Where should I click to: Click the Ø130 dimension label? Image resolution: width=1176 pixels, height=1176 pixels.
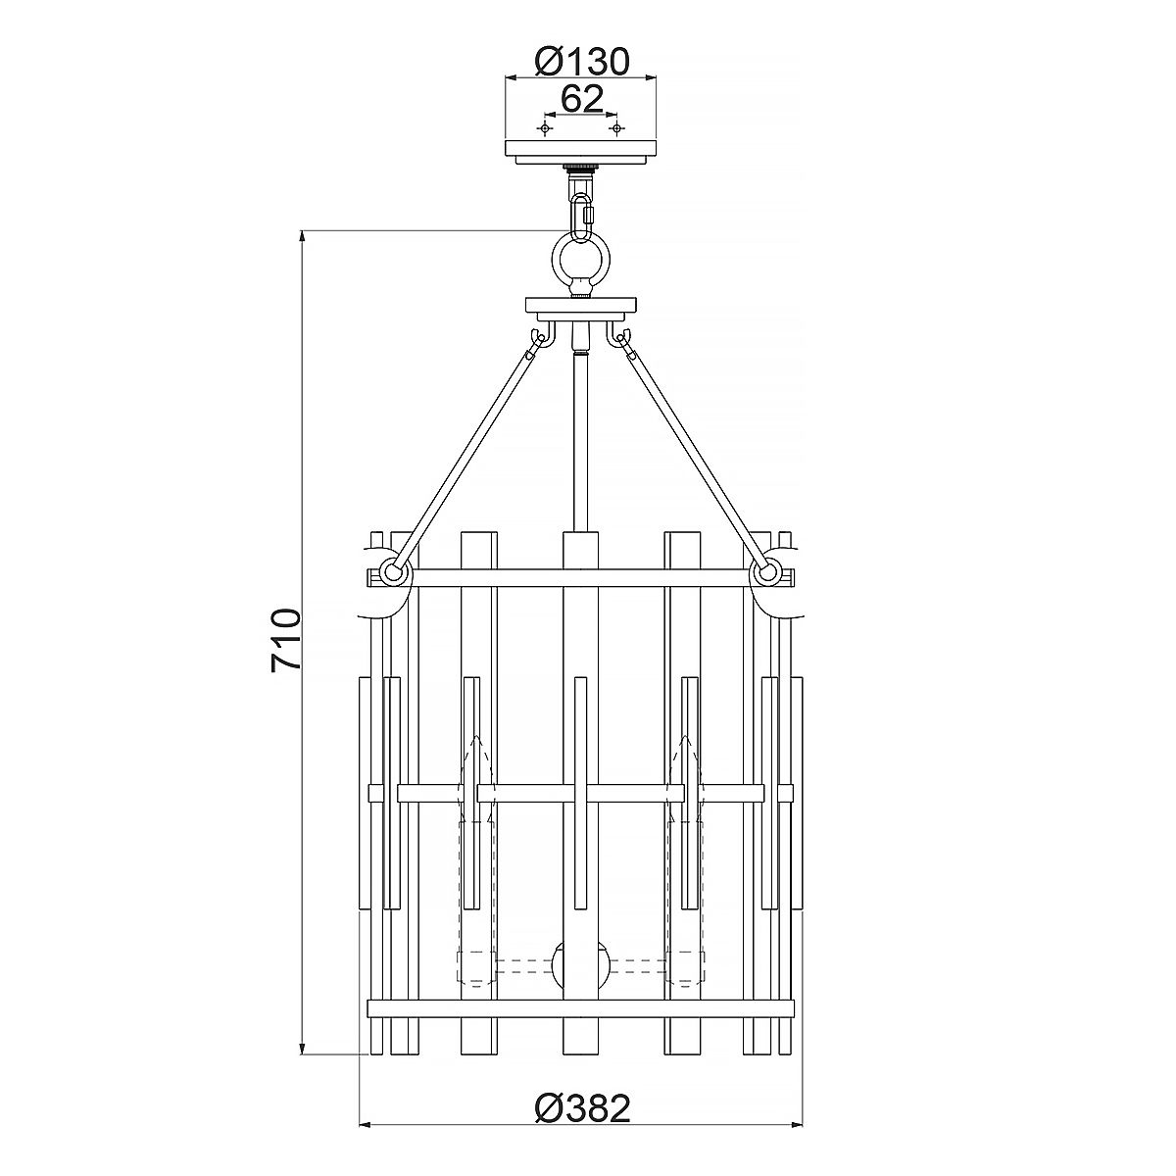(x=581, y=62)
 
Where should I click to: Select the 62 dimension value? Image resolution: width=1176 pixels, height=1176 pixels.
(x=581, y=99)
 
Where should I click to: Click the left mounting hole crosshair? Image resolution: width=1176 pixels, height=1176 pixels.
(x=546, y=128)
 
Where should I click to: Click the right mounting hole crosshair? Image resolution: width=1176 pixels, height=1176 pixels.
(x=615, y=128)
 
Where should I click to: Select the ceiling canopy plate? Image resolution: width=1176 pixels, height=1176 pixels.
(x=581, y=150)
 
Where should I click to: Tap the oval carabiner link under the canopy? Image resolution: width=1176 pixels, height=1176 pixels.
(x=581, y=209)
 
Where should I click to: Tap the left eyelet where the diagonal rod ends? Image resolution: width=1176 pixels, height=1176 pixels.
(x=392, y=572)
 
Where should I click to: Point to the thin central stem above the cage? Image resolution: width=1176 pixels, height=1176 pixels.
(x=581, y=441)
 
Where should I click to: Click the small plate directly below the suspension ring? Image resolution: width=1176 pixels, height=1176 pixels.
(x=581, y=305)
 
